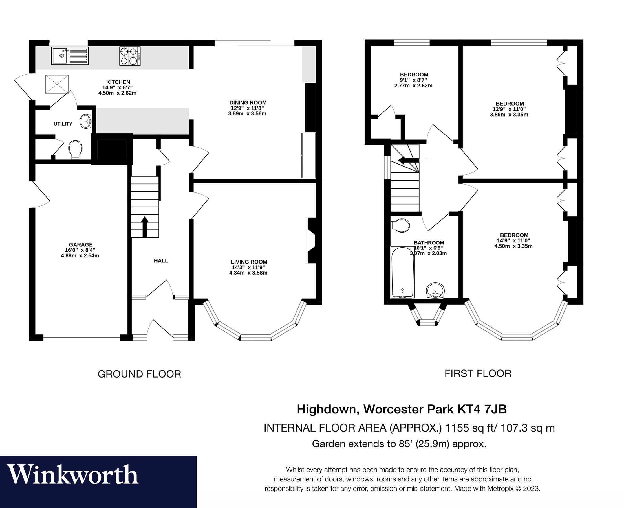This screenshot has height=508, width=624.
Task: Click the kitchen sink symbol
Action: coord(70,56)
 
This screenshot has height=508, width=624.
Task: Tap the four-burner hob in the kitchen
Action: coord(129,56)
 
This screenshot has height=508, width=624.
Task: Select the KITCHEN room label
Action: coord(118,82)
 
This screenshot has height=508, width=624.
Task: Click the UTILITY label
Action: coord(63,124)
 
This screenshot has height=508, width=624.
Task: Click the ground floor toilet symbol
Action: coord(76,150)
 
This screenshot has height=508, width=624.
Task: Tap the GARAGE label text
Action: coord(81,245)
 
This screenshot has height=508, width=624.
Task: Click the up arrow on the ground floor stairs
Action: coord(144,226)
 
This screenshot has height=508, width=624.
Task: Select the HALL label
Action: coord(161,261)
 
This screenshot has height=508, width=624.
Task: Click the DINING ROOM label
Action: coord(248,103)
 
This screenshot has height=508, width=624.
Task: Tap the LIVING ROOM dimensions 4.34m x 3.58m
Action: coord(248,273)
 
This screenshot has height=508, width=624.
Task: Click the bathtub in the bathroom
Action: coord(402,272)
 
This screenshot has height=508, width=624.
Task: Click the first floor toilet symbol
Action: coord(400,225)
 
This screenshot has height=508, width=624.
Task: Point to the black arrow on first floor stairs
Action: coord(409,160)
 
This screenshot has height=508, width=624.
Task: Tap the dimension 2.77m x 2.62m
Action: coord(413,86)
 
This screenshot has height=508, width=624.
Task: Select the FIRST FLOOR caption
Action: coord(478,374)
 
